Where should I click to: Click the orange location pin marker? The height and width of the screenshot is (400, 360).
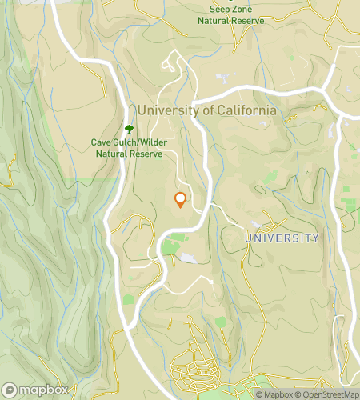pos(181,200)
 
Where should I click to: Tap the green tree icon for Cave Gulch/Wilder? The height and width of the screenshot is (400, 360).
pos(129,128)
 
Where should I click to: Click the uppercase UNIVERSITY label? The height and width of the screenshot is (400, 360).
pos(281,238)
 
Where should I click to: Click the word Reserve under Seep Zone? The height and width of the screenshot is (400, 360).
pos(246,21)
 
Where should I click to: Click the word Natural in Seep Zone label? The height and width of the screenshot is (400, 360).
pos(214,21)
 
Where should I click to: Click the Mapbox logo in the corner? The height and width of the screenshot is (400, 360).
pos(34,390)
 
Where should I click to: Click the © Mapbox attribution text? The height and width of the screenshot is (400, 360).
pos(275,394)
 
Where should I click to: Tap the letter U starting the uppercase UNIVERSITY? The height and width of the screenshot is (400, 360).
pos(248,238)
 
